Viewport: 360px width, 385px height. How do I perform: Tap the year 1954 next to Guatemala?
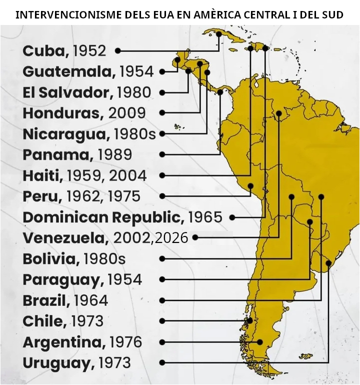pyautogui.click(x=136, y=71)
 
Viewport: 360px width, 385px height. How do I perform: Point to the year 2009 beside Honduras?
pyautogui.click(x=127, y=113)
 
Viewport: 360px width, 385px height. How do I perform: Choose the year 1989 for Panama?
pyautogui.click(x=115, y=154)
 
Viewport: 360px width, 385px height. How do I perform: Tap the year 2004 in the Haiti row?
pyautogui.click(x=128, y=175)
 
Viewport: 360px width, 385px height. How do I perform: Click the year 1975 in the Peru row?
pyautogui.click(x=123, y=196)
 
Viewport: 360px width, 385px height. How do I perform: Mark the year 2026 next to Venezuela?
pyautogui.click(x=171, y=238)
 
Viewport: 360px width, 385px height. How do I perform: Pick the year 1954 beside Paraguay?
pyautogui.click(x=124, y=279)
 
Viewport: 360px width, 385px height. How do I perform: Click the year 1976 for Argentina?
pyautogui.click(x=125, y=342)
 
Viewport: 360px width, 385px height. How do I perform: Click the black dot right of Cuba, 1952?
pyautogui.click(x=117, y=50)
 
